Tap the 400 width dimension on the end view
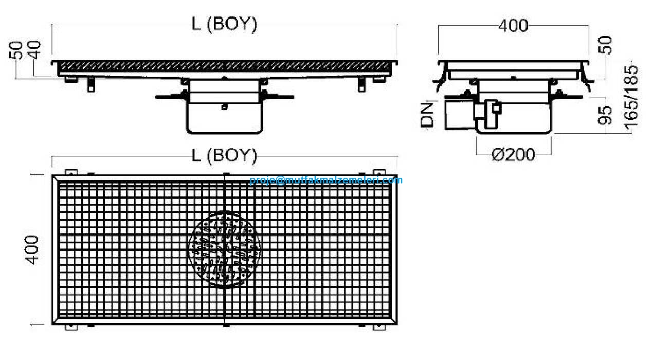(x=513, y=26)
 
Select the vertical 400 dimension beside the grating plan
(x=32, y=250)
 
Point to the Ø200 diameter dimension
(x=513, y=154)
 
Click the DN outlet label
(x=427, y=115)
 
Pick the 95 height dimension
(x=605, y=115)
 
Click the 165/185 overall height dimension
(x=631, y=97)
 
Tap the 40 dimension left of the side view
(x=34, y=50)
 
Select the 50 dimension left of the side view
(x=16, y=50)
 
